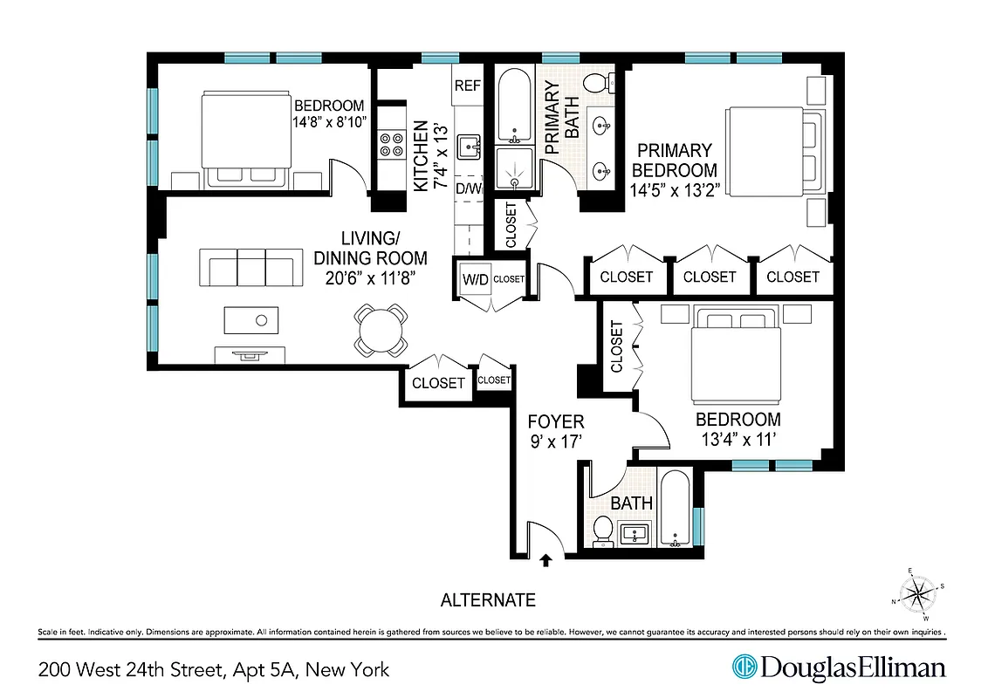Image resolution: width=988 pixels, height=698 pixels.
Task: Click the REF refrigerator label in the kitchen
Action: tap(468, 86)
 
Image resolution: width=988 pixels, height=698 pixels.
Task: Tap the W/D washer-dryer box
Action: tap(475, 279)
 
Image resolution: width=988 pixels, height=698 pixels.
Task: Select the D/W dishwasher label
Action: tap(469, 188)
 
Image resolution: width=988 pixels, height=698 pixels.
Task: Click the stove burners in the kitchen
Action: tap(388, 144)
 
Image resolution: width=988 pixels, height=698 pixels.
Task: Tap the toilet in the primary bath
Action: tap(595, 84)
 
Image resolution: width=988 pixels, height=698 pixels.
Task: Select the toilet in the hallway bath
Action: tap(603, 529)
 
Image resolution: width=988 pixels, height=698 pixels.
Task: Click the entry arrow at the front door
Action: tap(546, 561)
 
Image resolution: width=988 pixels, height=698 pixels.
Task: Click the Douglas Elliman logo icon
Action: tap(743, 667)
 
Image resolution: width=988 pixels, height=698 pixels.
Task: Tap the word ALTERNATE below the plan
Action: tap(487, 600)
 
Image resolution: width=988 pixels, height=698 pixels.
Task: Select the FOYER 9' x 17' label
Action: tap(556, 432)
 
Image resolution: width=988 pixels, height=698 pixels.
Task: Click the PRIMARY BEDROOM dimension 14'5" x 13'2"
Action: tap(674, 190)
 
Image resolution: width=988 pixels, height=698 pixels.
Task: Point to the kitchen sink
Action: tap(469, 146)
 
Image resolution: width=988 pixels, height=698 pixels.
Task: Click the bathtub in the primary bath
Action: tap(513, 108)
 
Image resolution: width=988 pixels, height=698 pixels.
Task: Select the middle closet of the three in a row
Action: tap(709, 277)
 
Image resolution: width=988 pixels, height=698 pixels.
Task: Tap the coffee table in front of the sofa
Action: tap(251, 319)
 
